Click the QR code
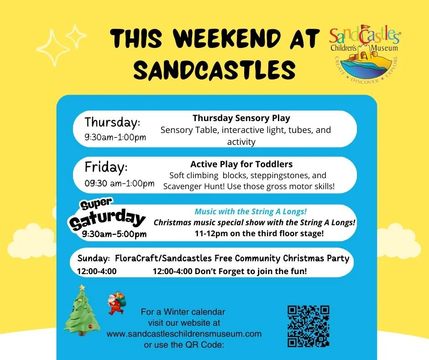[308, 326]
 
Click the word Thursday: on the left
[112, 122]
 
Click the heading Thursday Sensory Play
[241, 118]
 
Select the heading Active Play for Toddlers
[241, 164]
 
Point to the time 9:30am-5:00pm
[114, 234]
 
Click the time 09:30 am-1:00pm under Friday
[120, 184]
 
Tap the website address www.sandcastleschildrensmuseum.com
[184, 334]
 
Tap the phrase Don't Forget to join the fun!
[251, 271]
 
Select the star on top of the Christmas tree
[82, 287]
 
